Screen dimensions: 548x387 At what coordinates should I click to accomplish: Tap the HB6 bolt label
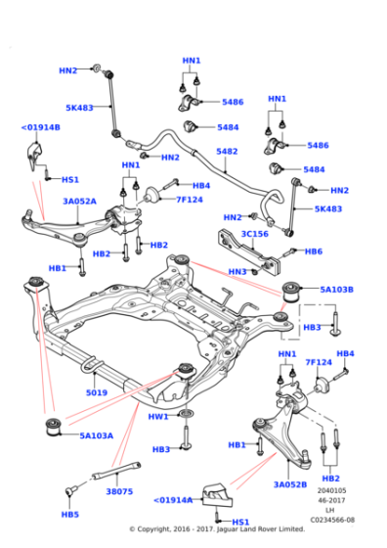[x=313, y=251]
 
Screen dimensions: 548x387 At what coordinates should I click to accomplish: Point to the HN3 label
[x=236, y=271]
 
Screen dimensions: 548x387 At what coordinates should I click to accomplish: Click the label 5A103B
[x=336, y=290]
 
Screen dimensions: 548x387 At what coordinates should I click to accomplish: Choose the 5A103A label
[x=96, y=435]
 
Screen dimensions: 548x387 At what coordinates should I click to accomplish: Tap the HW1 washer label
[x=158, y=417]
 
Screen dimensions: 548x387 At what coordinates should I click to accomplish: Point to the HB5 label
[x=69, y=514]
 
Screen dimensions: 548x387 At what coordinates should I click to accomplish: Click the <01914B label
[x=40, y=127]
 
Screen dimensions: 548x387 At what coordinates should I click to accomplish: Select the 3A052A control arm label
[x=79, y=202]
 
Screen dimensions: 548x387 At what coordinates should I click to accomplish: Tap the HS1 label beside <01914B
[x=69, y=180]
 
